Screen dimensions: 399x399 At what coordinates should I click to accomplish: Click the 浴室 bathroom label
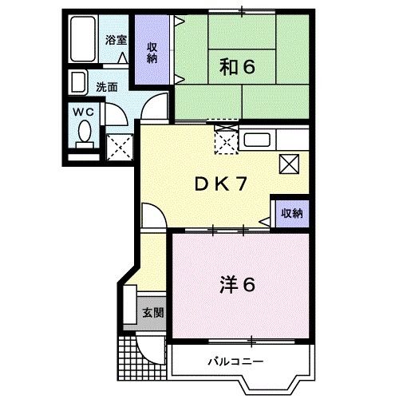117,39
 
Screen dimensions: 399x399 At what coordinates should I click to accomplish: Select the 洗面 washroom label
107,86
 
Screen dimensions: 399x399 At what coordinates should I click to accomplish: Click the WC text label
85,113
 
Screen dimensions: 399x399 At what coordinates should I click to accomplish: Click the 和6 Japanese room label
236,68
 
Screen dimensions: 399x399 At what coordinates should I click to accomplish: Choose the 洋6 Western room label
236,283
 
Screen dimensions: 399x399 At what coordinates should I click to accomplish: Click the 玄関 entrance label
153,313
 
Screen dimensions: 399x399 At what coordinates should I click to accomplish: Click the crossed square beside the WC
120,146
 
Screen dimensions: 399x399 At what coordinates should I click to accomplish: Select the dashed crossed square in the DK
226,141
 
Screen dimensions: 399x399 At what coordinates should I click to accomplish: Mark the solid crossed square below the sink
289,164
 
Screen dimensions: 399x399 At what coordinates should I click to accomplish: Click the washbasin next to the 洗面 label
78,82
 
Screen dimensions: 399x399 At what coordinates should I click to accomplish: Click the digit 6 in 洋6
248,283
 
